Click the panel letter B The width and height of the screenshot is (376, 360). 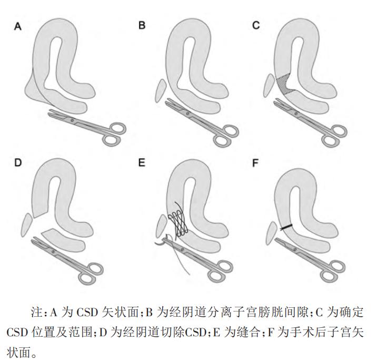142,25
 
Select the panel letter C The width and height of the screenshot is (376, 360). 256,25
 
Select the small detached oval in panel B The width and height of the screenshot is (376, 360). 160,90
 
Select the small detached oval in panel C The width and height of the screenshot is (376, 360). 270,85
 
